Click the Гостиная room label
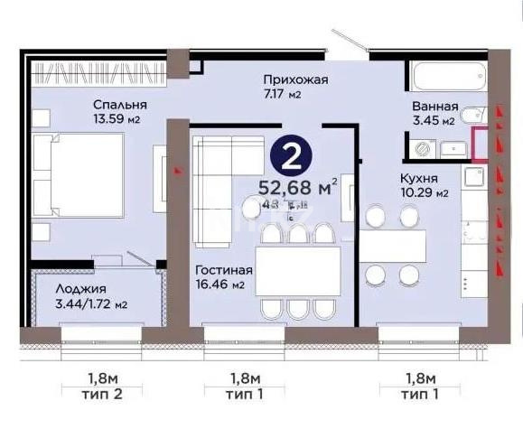(222, 270)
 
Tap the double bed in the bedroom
(78, 177)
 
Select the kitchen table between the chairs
(393, 245)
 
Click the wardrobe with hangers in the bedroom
(99, 70)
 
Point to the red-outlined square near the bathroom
(482, 144)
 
